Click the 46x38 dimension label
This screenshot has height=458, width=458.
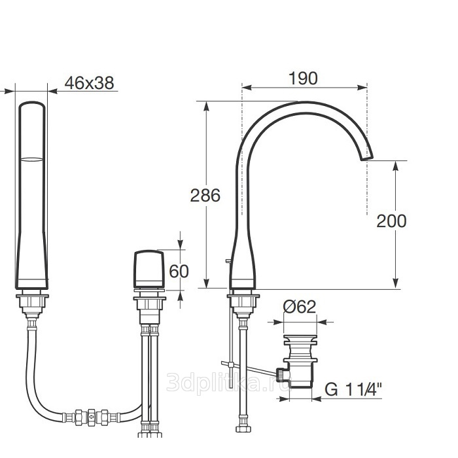tap(89, 83)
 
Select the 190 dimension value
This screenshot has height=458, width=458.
tap(303, 79)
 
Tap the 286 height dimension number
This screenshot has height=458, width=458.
tap(205, 195)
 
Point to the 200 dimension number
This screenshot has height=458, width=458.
tap(391, 221)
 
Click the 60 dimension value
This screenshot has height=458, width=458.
tap(179, 272)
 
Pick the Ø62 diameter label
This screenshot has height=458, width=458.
tap(300, 307)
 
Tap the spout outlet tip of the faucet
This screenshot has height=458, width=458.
tap(368, 158)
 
